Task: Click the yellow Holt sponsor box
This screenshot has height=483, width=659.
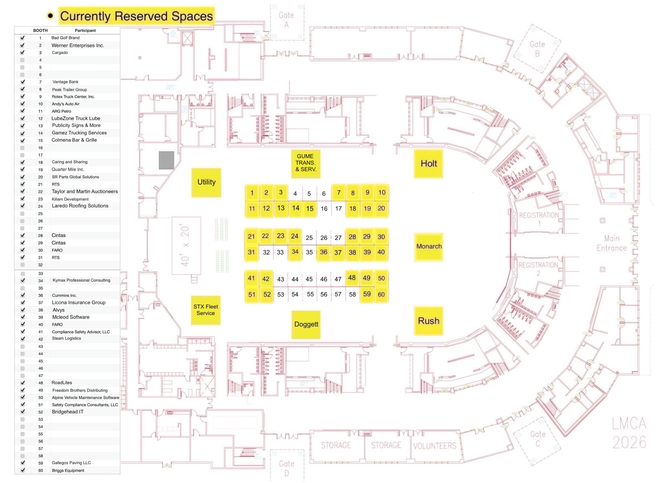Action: pyautogui.click(x=428, y=163)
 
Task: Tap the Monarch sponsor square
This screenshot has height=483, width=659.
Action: pyautogui.click(x=428, y=246)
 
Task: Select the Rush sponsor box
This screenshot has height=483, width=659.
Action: pyautogui.click(x=428, y=321)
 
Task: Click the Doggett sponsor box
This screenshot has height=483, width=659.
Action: pyautogui.click(x=306, y=324)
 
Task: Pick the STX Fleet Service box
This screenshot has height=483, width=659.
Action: pyautogui.click(x=205, y=310)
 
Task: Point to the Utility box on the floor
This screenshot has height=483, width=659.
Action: pyautogui.click(x=206, y=182)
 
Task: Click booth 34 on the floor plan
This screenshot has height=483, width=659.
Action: pyautogui.click(x=295, y=252)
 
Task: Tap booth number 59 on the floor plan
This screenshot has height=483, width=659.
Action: pyautogui.click(x=366, y=294)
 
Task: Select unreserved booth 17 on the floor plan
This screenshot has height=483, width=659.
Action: pyautogui.click(x=338, y=208)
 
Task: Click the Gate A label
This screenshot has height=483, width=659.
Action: pyautogui.click(x=286, y=20)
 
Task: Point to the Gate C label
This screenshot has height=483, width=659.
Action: pyautogui.click(x=537, y=439)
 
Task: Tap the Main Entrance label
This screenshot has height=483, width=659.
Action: pyautogui.click(x=611, y=243)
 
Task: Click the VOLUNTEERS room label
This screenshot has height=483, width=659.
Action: pyautogui.click(x=434, y=446)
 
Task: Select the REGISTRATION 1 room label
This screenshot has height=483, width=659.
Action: pyautogui.click(x=539, y=219)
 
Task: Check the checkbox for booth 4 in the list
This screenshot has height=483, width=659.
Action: pyautogui.click(x=22, y=60)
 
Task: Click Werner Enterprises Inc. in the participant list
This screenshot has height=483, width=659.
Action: pyautogui.click(x=78, y=45)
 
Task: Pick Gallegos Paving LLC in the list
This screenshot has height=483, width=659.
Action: pyautogui.click(x=71, y=463)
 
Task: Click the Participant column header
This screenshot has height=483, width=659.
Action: pyautogui.click(x=85, y=30)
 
